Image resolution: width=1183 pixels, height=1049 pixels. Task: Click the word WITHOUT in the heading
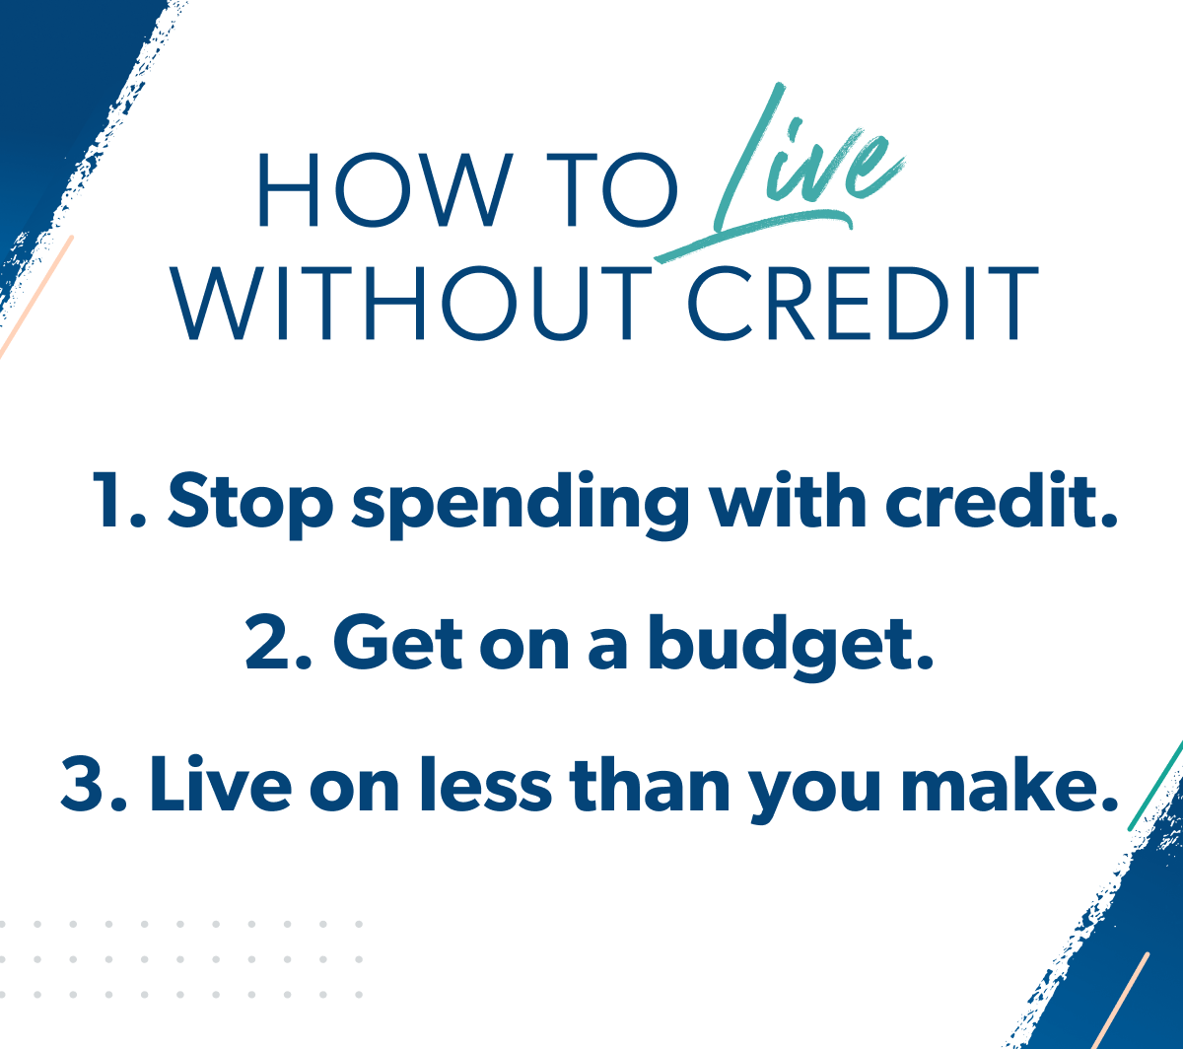point(410,303)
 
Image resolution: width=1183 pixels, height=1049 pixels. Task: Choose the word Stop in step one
point(250,504)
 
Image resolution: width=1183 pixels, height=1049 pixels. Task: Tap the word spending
point(521,504)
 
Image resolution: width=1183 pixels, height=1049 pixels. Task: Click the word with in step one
point(789,500)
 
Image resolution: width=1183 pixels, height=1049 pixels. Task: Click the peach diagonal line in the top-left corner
point(36,297)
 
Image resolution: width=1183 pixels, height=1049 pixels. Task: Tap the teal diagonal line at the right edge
point(1156,785)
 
